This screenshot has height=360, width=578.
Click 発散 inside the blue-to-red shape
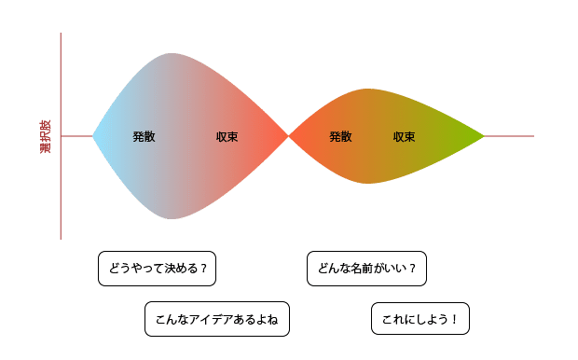tap(144, 137)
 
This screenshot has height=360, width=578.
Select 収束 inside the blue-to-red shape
tap(227, 137)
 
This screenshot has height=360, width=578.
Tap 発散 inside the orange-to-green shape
tap(340, 137)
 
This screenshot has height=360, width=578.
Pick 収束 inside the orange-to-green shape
tap(404, 137)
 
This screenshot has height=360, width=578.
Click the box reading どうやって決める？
tap(158, 269)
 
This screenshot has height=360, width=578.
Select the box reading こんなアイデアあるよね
tap(217, 319)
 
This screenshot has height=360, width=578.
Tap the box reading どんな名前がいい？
tap(366, 269)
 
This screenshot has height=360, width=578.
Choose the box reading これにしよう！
tap(420, 319)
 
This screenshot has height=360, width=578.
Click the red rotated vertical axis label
tap(45, 137)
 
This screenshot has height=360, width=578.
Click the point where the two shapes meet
tap(289, 137)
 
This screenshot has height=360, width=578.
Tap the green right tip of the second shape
tap(482, 137)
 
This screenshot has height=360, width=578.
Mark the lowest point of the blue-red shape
tap(172, 218)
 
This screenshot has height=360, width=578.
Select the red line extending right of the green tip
tap(510, 137)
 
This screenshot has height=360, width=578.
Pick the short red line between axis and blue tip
tap(76, 137)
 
